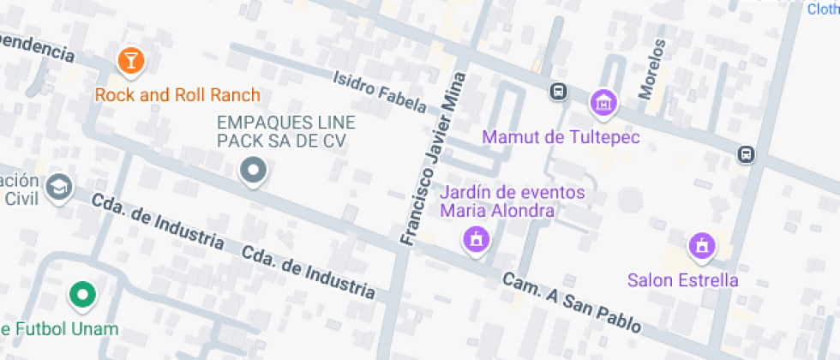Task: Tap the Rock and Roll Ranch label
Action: click(177, 94)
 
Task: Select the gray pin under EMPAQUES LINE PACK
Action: click(253, 171)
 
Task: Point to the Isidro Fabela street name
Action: click(380, 91)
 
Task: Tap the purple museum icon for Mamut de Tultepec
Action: click(605, 103)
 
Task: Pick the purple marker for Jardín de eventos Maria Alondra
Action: click(476, 239)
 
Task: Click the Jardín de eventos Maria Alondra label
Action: click(512, 201)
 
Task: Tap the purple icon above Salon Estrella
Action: click(702, 246)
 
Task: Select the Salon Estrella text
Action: click(682, 280)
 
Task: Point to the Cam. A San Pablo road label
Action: click(571, 303)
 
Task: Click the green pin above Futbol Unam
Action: click(82, 296)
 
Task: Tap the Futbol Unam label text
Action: click(59, 329)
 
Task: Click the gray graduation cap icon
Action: click(59, 188)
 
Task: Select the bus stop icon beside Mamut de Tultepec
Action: click(558, 91)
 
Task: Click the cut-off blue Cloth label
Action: click(823, 9)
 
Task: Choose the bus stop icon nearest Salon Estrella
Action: click(746, 154)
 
